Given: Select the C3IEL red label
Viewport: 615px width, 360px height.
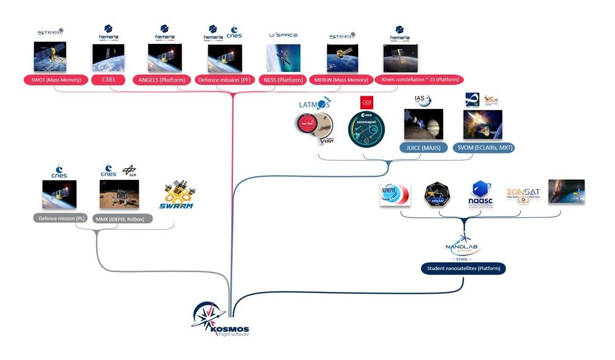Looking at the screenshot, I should [108, 80].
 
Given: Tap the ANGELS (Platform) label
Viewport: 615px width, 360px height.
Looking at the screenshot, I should [162, 80].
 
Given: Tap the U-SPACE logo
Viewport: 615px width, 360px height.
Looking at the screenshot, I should [283, 35].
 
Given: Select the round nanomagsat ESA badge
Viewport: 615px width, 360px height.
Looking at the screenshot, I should [366, 129].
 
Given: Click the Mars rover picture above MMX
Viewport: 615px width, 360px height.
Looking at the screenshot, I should [119, 195].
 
